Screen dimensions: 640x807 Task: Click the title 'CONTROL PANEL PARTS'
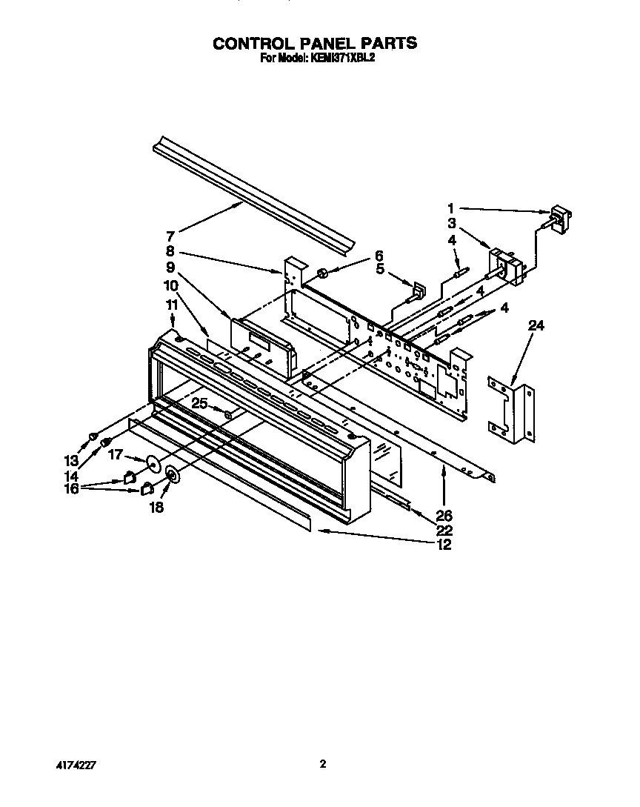(x=315, y=44)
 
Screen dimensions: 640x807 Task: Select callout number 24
(x=536, y=325)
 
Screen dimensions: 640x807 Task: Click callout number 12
(x=444, y=545)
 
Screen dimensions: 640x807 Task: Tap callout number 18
(x=157, y=508)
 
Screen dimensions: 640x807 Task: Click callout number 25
(x=199, y=404)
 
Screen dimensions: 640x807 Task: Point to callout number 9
(x=170, y=267)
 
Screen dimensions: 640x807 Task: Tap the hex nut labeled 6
(x=323, y=275)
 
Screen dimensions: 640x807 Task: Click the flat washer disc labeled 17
(x=153, y=464)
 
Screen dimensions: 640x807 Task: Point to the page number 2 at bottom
(x=322, y=763)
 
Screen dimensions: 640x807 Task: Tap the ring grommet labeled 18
(x=173, y=474)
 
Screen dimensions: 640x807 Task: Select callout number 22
(x=444, y=531)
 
